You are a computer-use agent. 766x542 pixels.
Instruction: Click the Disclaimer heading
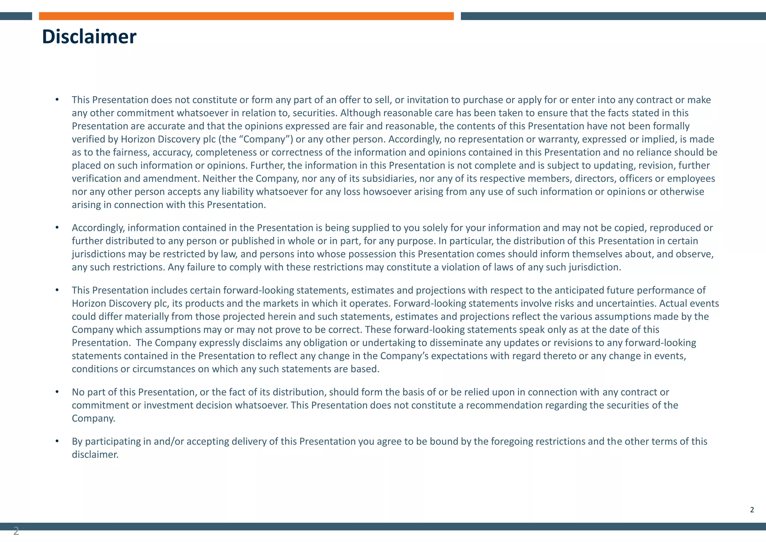click(89, 37)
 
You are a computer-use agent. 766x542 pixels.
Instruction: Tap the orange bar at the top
click(246, 16)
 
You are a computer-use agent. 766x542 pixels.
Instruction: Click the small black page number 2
click(752, 510)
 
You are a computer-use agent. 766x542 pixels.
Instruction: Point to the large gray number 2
click(16, 531)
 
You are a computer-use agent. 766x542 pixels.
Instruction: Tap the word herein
click(282, 317)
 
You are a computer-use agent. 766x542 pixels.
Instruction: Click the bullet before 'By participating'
click(57, 441)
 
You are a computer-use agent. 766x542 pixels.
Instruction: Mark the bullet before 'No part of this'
click(57, 392)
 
